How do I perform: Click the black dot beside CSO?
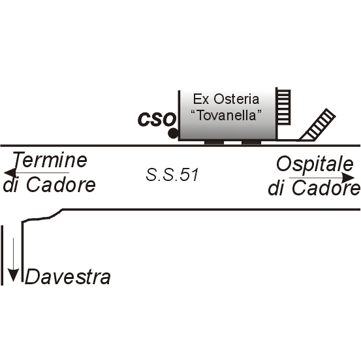coord(173,133)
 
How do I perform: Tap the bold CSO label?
coord(157,120)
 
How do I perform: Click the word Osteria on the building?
coord(236,99)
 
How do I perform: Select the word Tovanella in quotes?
coord(227,115)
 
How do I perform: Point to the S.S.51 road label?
coord(172,174)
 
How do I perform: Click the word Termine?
coord(50,159)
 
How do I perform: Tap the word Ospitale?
coord(315,165)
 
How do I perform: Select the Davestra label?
coord(67,276)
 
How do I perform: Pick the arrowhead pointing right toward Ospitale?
coord(348,178)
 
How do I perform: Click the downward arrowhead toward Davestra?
coord(13,275)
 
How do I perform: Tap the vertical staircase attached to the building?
coord(283,107)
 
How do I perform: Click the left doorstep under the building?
coord(214,142)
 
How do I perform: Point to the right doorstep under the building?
coord(251,142)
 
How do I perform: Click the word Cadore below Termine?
coord(61,184)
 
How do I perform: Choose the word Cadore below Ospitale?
coord(326,188)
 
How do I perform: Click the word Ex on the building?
coord(201,99)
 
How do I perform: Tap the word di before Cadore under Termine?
coord(11,184)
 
